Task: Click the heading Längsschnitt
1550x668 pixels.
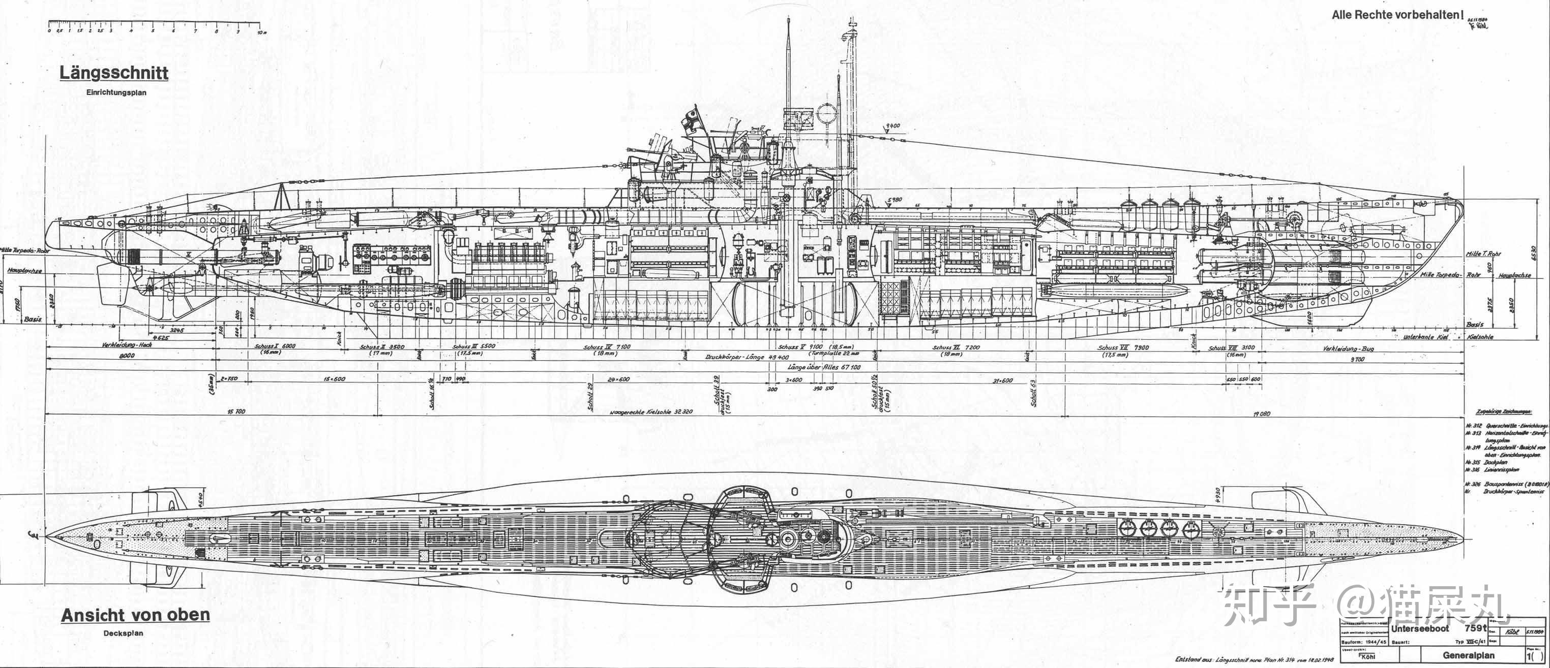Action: coord(114,73)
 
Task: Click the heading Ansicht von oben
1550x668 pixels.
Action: coord(135,615)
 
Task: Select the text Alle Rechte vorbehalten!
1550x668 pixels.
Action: coord(1396,14)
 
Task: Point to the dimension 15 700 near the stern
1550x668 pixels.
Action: coord(235,411)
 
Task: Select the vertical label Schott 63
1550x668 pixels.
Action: coord(1033,393)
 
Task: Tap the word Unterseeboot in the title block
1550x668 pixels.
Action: coord(1419,628)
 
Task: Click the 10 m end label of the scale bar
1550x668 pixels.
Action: coord(260,33)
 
